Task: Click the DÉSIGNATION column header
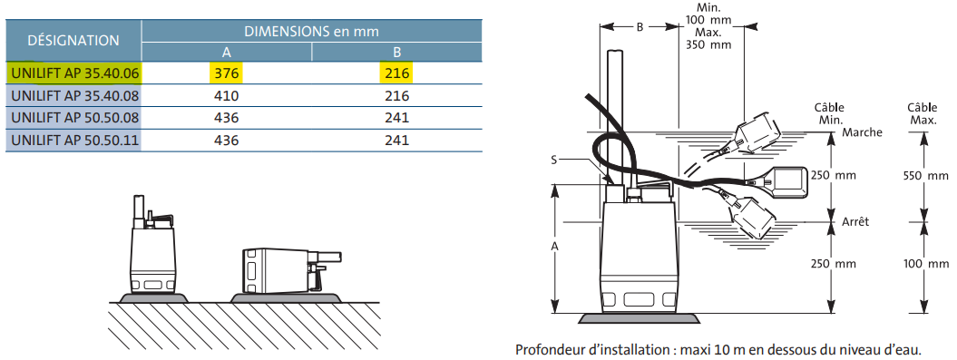73,40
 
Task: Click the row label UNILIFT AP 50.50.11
73,140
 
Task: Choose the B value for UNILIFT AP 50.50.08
396,118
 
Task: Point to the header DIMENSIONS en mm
311,30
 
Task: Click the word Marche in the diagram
862,132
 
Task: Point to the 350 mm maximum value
708,44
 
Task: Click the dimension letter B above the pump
640,27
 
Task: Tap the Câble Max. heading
923,113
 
